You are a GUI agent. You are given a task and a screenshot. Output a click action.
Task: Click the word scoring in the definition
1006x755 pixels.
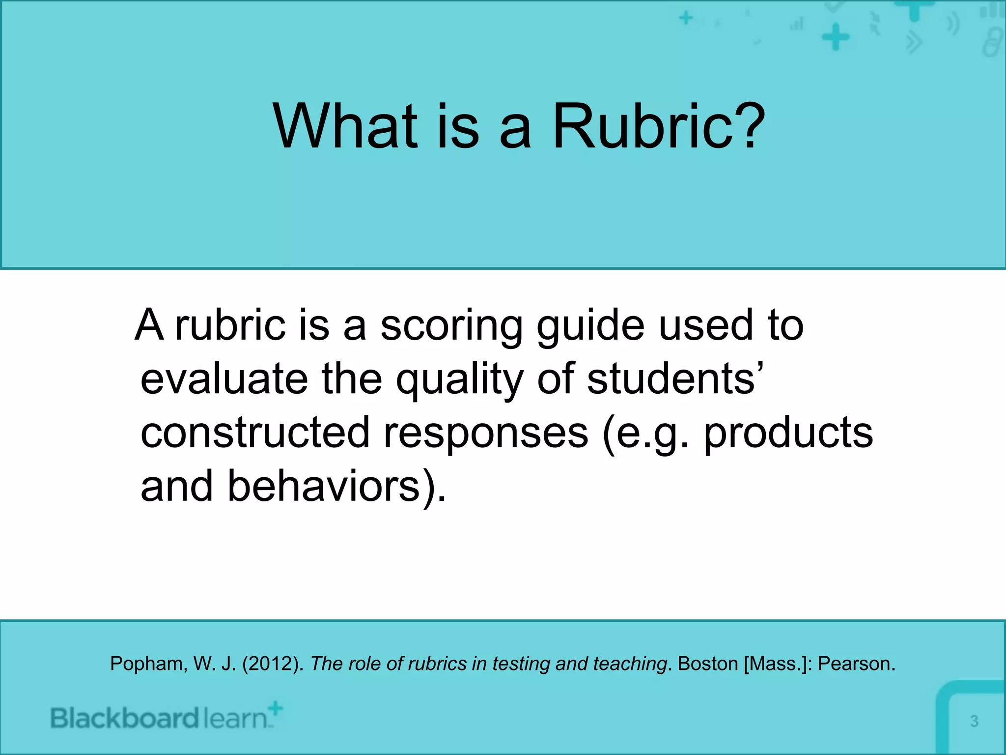[451, 326]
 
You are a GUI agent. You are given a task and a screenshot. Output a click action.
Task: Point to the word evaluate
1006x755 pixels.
[224, 379]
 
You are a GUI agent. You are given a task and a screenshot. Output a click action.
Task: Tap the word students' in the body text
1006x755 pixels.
[675, 379]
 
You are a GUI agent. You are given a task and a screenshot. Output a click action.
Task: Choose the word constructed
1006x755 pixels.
[255, 433]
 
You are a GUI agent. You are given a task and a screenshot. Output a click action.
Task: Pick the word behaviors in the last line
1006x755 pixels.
[329, 487]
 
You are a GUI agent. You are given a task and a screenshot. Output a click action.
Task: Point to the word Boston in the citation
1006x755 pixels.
[707, 664]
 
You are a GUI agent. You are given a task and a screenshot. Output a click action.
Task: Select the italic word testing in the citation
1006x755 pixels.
[521, 664]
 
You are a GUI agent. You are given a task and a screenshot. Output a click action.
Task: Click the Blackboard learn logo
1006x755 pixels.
[167, 718]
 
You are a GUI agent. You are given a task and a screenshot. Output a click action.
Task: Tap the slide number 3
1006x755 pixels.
[974, 721]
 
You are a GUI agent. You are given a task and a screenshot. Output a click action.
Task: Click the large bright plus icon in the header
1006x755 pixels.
[836, 37]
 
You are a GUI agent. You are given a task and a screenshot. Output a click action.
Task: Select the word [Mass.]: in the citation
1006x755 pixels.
[778, 664]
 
